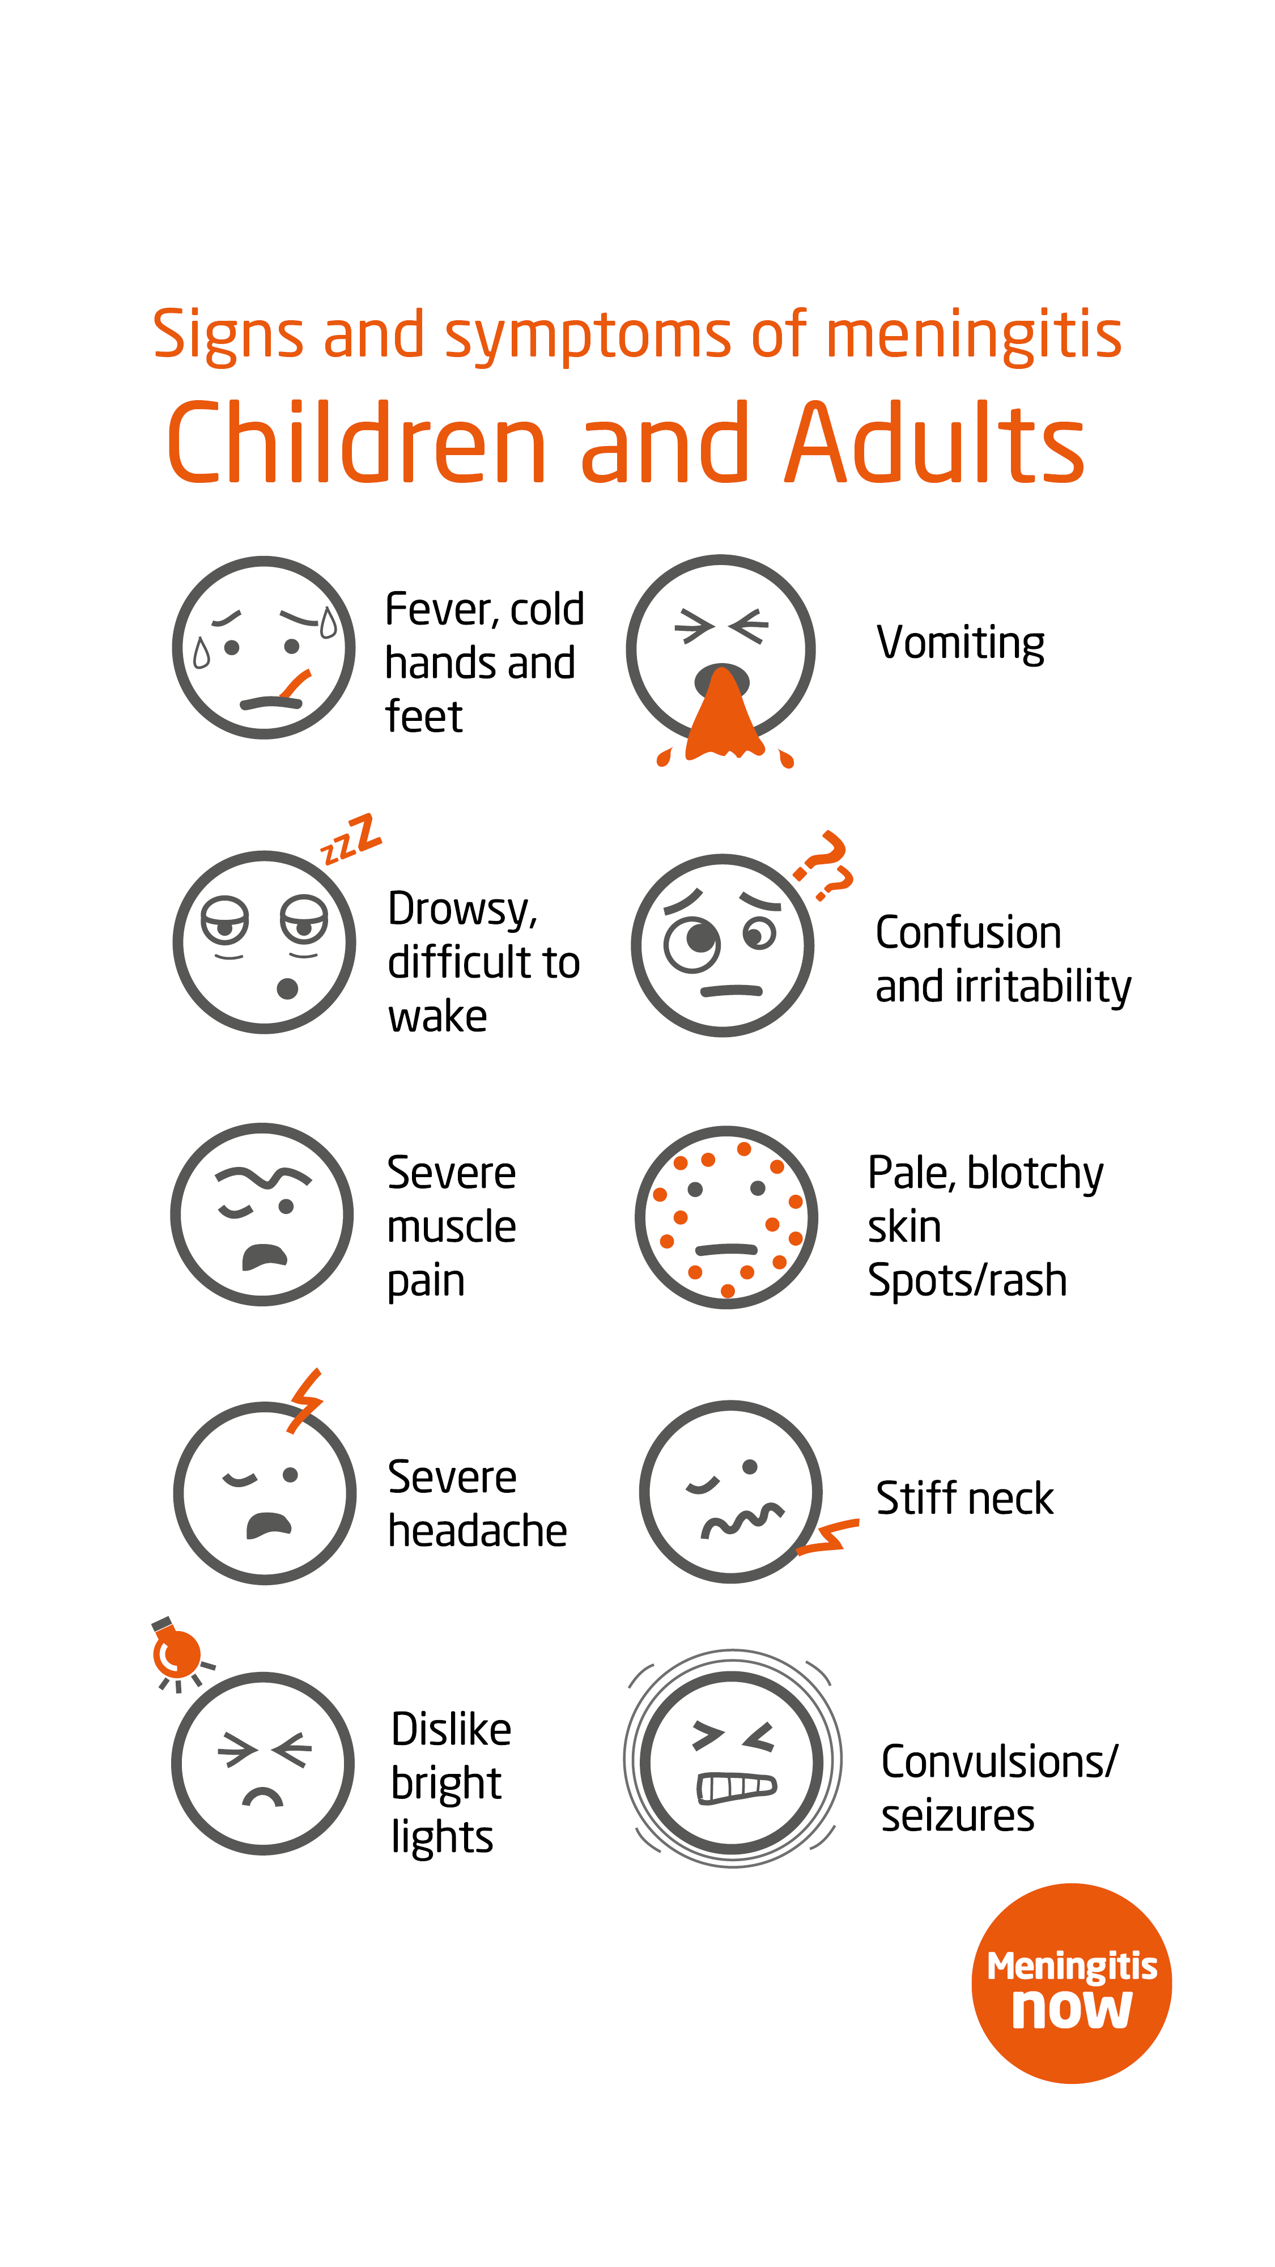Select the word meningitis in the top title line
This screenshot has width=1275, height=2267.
coord(974,336)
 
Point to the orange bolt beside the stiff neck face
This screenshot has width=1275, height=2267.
coord(828,1536)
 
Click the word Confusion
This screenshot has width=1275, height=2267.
coord(968,933)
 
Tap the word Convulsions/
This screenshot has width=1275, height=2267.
coord(1000,1762)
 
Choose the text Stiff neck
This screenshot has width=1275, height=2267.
coord(964,1498)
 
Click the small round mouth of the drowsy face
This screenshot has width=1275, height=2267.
coord(287,989)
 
